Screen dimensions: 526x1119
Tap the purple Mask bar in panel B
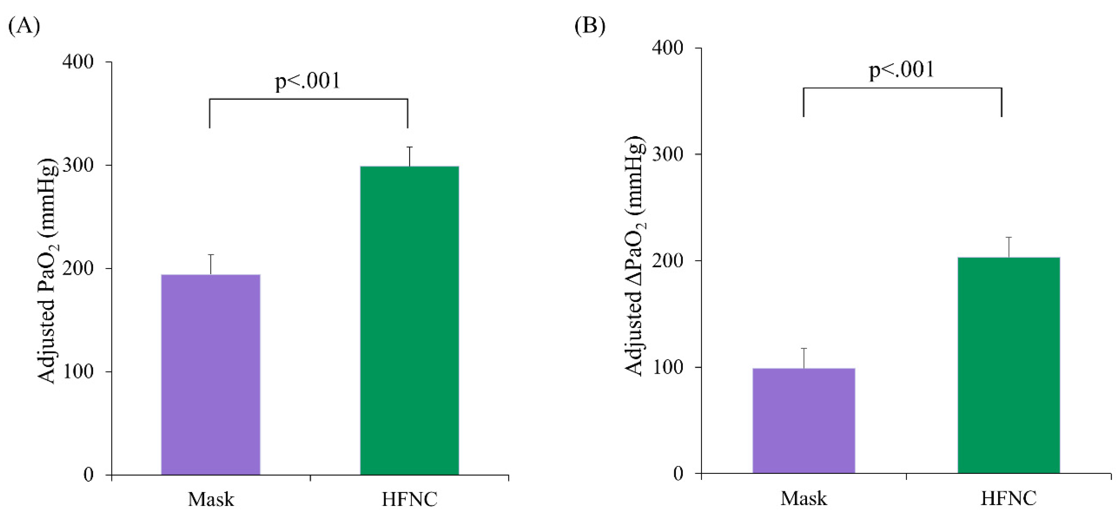click(804, 420)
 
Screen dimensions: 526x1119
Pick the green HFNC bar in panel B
click(1009, 365)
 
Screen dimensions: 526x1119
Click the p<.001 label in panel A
click(308, 81)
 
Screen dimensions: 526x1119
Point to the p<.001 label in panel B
click(901, 70)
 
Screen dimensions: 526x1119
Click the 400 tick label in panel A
click(78, 62)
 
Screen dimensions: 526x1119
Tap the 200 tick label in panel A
click(78, 268)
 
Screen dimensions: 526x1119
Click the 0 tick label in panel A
click(88, 475)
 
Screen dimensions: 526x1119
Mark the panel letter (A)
click(24, 26)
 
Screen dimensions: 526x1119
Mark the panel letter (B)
click(589, 26)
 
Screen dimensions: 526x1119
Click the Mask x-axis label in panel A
click(211, 500)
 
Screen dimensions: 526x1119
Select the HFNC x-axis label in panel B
click(1009, 499)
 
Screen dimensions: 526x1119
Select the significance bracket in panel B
click(902, 89)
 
